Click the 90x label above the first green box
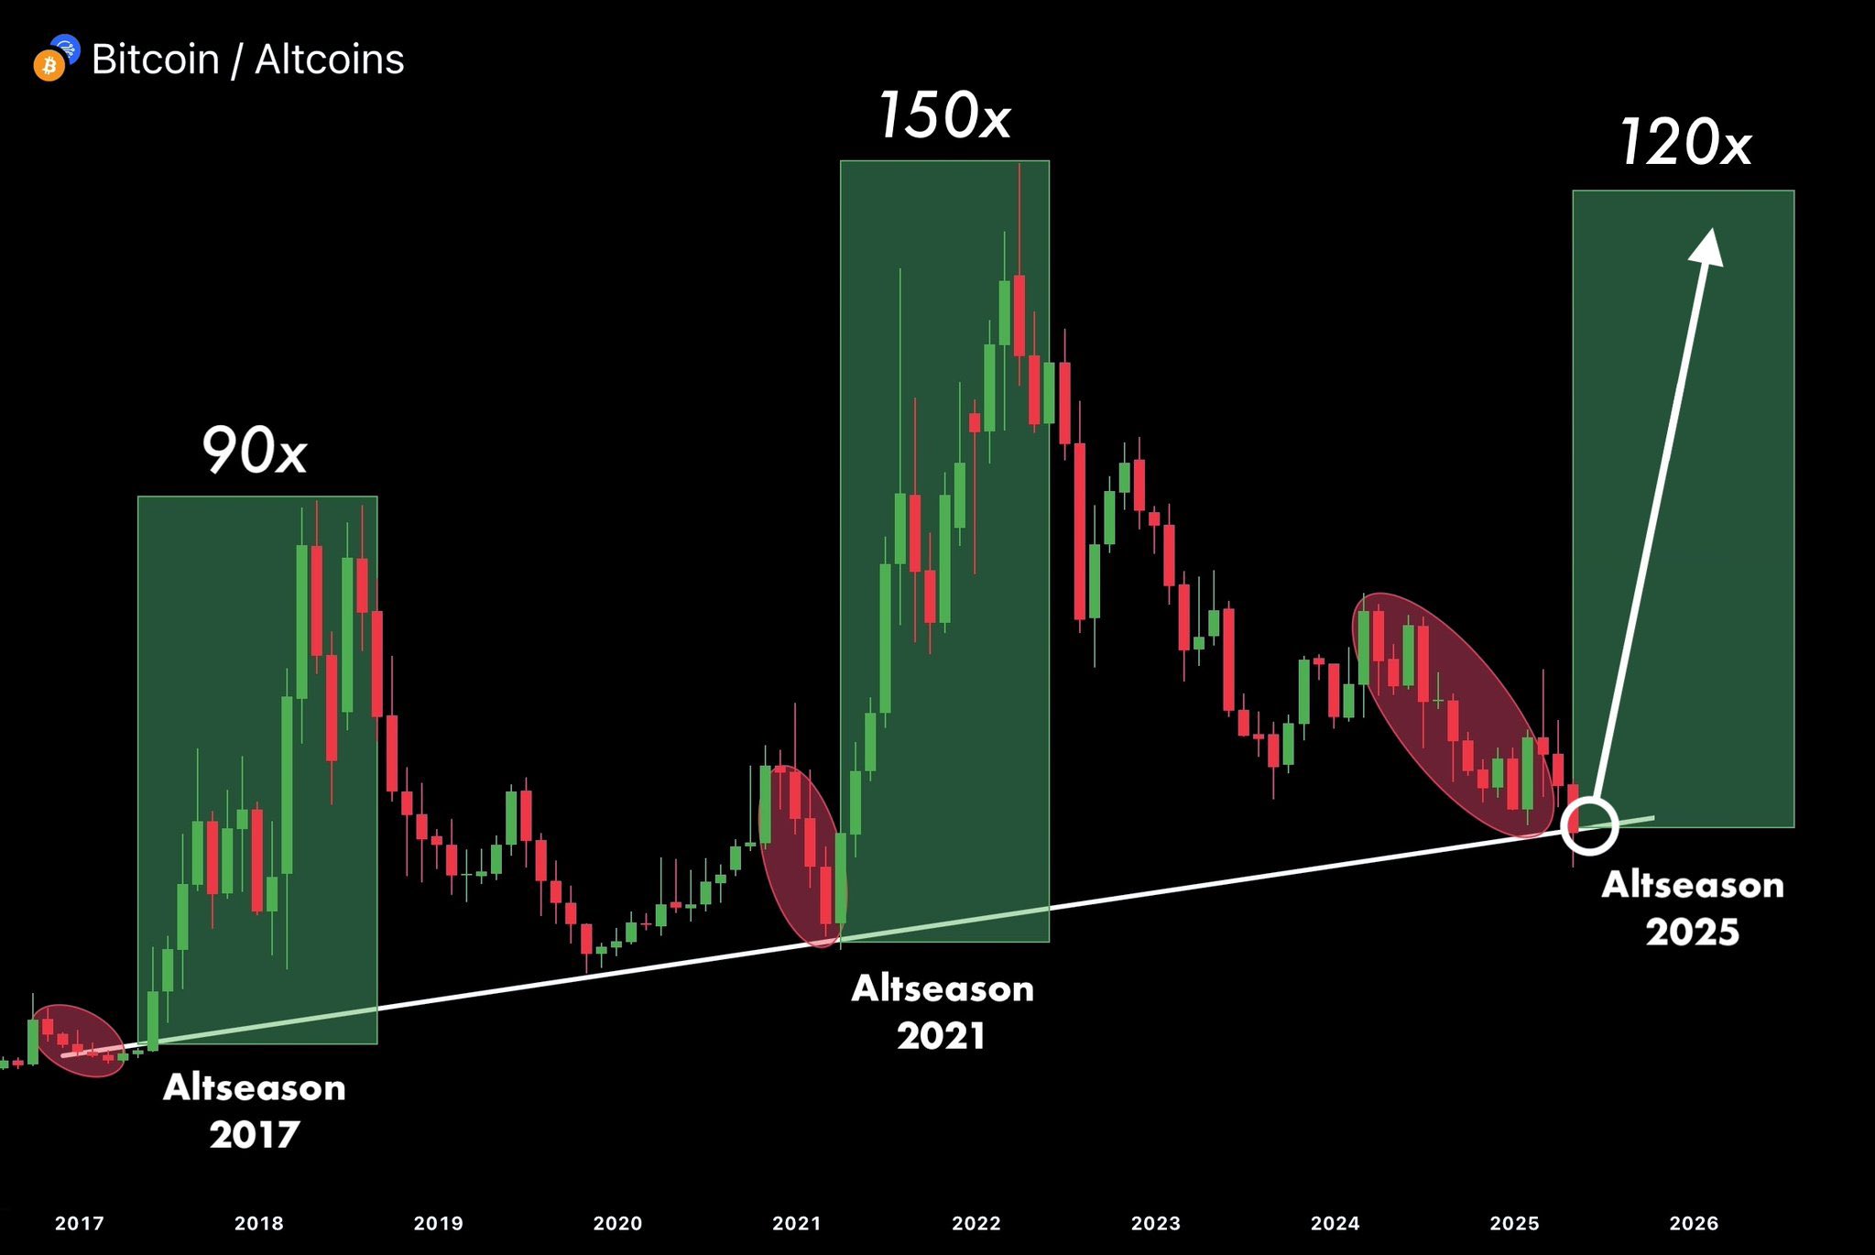click(x=254, y=451)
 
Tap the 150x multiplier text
click(x=944, y=116)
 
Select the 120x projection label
click(x=1685, y=143)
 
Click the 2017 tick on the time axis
click(x=80, y=1223)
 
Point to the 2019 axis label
click(x=439, y=1223)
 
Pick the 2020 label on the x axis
click(x=618, y=1223)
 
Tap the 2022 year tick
click(x=976, y=1223)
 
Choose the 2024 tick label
click(x=1335, y=1223)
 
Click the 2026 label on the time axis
click(x=1695, y=1223)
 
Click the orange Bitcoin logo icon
click(x=49, y=66)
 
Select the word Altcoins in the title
click(x=330, y=60)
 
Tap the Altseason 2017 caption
click(x=255, y=1111)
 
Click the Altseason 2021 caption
click(x=943, y=1012)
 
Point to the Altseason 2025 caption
click(x=1693, y=909)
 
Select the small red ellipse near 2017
click(x=78, y=1041)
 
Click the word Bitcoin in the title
click(x=156, y=60)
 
